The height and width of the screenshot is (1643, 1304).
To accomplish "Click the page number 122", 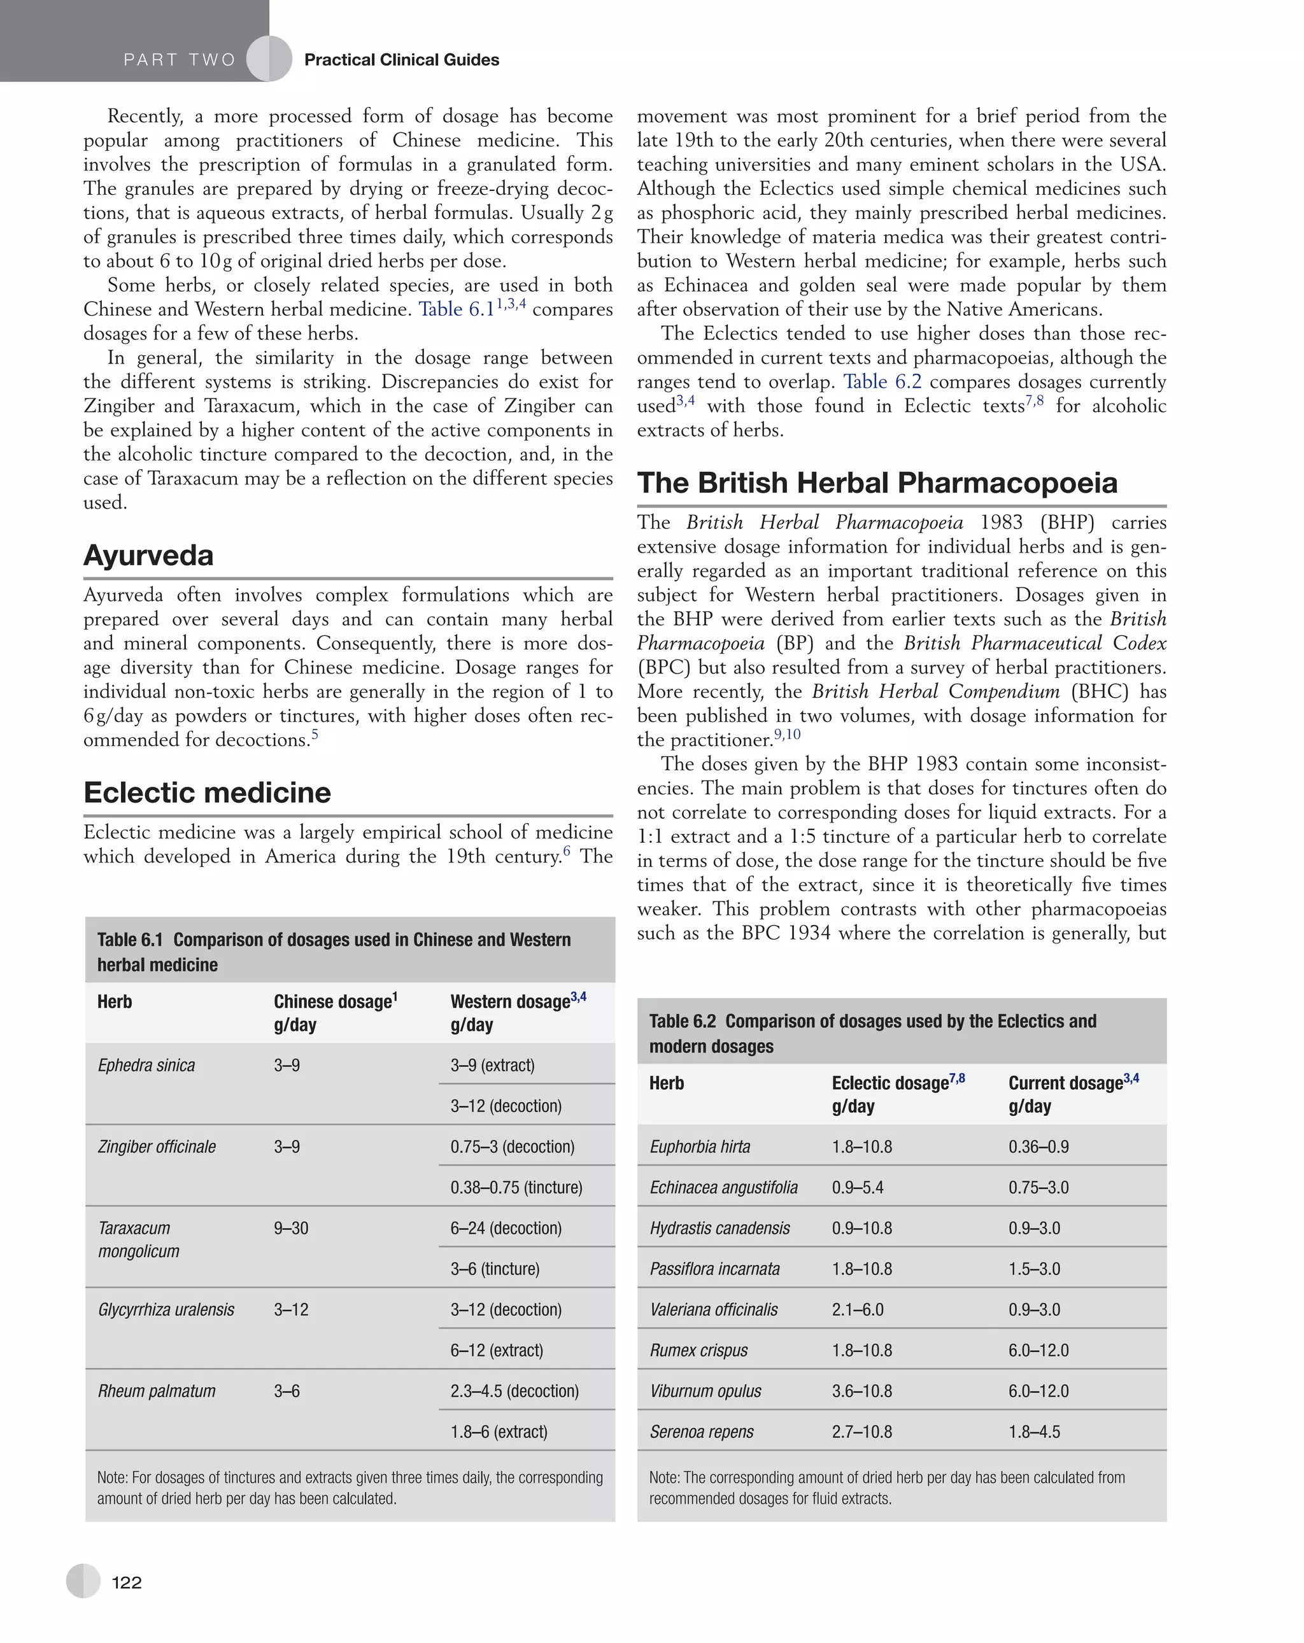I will [127, 1582].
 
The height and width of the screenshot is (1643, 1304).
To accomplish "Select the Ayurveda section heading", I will [148, 555].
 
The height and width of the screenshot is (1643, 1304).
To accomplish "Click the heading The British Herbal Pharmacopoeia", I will [877, 483].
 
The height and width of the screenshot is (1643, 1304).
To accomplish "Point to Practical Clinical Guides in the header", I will [401, 60].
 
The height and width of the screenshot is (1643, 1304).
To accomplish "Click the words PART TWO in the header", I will [179, 60].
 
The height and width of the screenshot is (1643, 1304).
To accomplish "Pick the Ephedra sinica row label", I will [146, 1066].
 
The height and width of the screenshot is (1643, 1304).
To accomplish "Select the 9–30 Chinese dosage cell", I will [291, 1228].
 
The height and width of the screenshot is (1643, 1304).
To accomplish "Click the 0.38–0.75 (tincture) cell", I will [516, 1187].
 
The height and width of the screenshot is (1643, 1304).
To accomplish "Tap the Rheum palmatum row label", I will [156, 1391].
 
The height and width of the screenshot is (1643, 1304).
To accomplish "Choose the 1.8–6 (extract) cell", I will [499, 1431].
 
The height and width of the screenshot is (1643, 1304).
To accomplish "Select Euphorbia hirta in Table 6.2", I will [700, 1147].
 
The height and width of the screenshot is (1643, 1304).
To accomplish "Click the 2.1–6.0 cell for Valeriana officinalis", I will [858, 1309].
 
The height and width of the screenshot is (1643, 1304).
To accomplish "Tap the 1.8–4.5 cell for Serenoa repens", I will [1034, 1431].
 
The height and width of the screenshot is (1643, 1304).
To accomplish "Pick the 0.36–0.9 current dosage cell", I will [1038, 1147].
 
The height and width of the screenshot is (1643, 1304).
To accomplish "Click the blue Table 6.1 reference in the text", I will [456, 309].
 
